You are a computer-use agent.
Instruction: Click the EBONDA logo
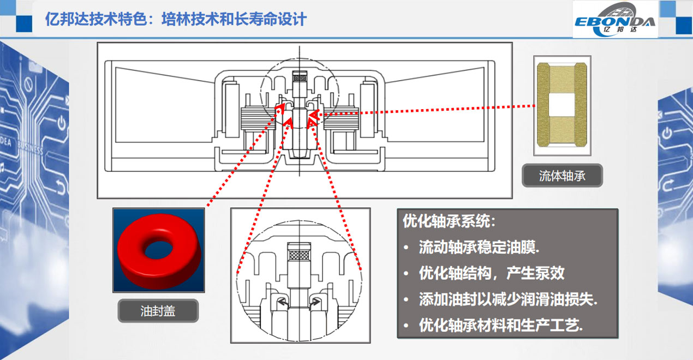615,20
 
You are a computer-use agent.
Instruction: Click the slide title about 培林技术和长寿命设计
177,20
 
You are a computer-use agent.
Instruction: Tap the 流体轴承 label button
562,176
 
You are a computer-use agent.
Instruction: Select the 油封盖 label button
158,311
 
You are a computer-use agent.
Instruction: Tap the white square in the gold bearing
562,104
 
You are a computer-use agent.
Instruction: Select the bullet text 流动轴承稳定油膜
479,247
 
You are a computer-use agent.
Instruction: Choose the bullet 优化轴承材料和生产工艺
500,326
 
